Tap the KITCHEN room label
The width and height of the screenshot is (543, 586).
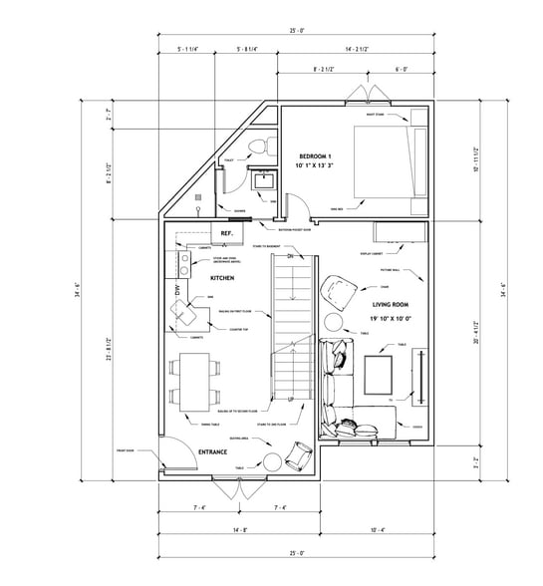(x=221, y=279)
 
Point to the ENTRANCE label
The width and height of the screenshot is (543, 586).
(x=213, y=451)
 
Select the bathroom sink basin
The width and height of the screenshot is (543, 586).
(x=263, y=181)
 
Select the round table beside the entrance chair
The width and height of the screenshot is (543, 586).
(x=271, y=460)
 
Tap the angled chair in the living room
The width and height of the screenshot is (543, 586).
(x=342, y=293)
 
